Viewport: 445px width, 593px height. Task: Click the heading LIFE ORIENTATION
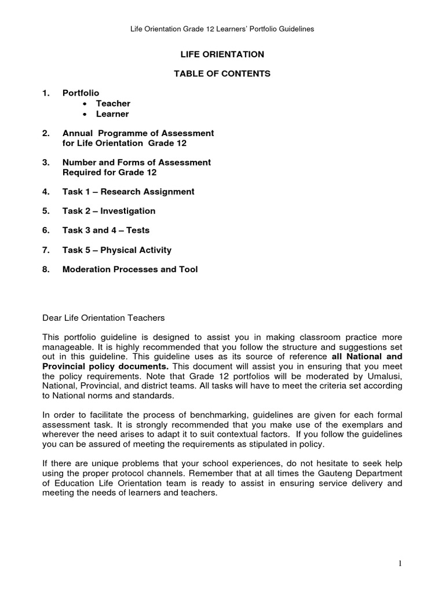pyautogui.click(x=223, y=54)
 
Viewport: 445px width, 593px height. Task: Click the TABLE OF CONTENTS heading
pyautogui.click(x=223, y=74)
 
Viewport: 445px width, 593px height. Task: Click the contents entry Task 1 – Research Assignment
pyautogui.click(x=128, y=192)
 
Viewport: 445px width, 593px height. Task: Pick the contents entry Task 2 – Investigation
pyautogui.click(x=108, y=211)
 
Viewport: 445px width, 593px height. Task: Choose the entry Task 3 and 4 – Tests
pyautogui.click(x=105, y=230)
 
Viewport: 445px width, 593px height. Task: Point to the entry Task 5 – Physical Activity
pyautogui.click(x=116, y=250)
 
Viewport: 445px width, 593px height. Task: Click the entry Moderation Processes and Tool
pyautogui.click(x=130, y=269)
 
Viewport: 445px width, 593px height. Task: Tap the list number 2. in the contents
pyautogui.click(x=46, y=133)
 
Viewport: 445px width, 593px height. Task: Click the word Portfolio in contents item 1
pyautogui.click(x=81, y=93)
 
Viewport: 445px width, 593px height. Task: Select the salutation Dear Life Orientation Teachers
pyautogui.click(x=104, y=317)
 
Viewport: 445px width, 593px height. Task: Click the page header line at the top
pyautogui.click(x=223, y=29)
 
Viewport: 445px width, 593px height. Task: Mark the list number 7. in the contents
pyautogui.click(x=46, y=250)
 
